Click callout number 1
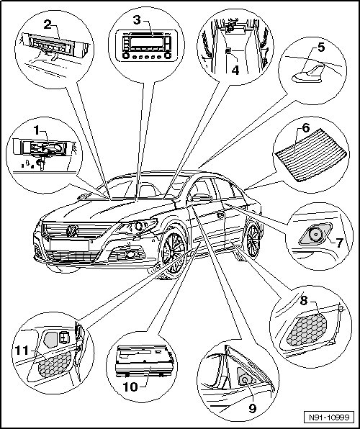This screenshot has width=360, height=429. click(37, 131)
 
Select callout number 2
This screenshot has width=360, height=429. click(48, 25)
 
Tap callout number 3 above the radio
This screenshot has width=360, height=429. click(137, 20)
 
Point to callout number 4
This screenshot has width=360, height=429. click(235, 71)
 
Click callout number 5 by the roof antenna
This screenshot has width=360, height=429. click(321, 48)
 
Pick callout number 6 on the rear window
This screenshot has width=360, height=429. click(306, 128)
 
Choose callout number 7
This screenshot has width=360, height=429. click(339, 243)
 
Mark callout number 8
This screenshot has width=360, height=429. click(304, 300)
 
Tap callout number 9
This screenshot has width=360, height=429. click(252, 408)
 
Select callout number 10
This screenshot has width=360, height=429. click(130, 387)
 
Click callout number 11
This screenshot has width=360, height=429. click(22, 351)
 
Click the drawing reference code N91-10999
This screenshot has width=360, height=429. click(329, 417)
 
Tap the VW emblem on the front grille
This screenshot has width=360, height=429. click(72, 230)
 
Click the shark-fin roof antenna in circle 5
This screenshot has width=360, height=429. click(309, 74)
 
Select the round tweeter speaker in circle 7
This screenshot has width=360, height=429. click(315, 235)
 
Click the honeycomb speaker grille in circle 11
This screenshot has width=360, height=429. click(55, 363)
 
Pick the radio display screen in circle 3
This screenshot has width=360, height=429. click(147, 42)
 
